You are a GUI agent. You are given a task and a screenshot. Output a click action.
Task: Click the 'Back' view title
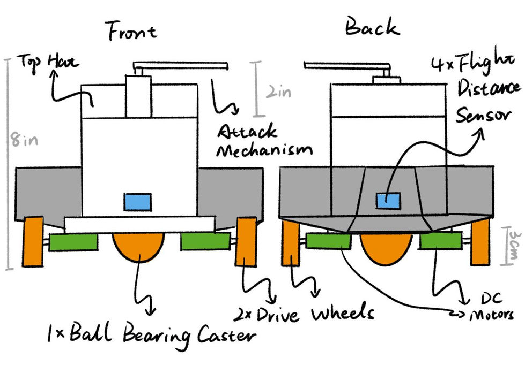pyautogui.click(x=372, y=27)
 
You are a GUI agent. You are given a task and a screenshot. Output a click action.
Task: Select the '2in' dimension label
pyautogui.click(x=277, y=92)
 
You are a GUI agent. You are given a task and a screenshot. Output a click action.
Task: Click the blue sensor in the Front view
pyautogui.click(x=138, y=202)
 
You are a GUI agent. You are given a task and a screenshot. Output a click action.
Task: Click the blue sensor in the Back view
pyautogui.click(x=387, y=201)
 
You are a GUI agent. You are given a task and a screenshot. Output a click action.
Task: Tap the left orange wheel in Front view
pyautogui.click(x=33, y=241)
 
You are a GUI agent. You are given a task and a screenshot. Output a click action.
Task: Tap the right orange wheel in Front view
pyautogui.click(x=246, y=241)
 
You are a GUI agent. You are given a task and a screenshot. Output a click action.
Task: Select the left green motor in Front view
pyautogui.click(x=73, y=242)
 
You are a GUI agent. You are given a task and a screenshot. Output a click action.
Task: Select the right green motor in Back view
pyautogui.click(x=441, y=241)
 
